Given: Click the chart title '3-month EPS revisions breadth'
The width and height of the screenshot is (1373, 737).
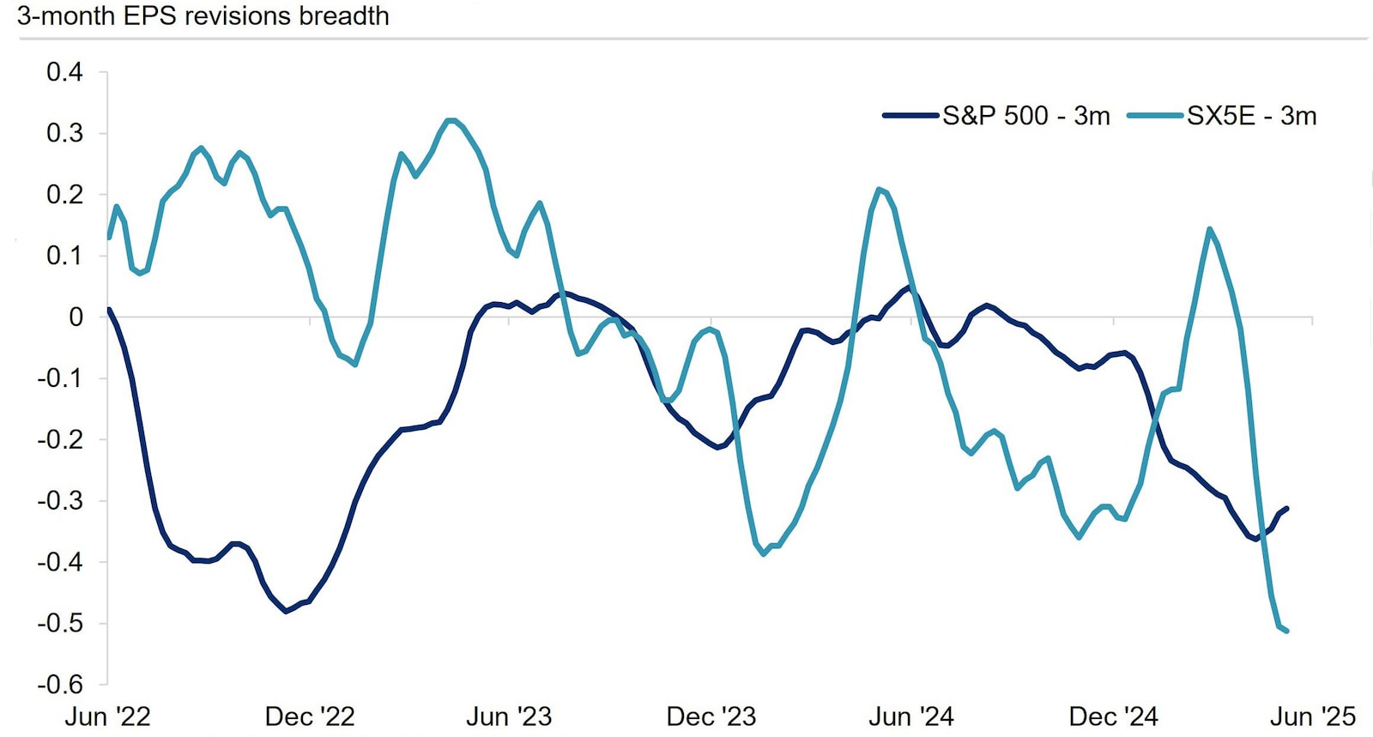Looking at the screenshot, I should pos(203,16).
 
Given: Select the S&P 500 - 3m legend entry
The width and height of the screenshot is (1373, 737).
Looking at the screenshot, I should pos(997,116).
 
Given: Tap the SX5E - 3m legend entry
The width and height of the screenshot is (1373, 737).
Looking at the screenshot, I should pos(1222,116).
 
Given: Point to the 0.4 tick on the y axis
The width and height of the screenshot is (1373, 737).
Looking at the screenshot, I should pos(64,72).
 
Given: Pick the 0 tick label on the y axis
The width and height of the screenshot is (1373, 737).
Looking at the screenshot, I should pos(76,317).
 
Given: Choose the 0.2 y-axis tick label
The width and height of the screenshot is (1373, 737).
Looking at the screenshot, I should pos(64,195).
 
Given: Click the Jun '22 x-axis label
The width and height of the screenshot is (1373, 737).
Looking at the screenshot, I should pos(107,716).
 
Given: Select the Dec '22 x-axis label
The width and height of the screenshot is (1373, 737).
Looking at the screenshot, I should pos(309,716).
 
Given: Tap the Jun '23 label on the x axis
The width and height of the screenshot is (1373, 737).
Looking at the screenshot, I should pos(509,716).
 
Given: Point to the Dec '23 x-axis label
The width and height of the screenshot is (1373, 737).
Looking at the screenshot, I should pos(711,716).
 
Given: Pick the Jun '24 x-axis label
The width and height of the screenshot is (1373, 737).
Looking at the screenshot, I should pos(911,716).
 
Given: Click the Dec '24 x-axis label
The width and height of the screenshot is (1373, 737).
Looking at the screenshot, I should pos(1113,716).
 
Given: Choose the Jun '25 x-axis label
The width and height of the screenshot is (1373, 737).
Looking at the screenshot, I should pos(1313,716).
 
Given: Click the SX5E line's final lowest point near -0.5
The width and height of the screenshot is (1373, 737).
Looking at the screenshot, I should pos(1287,631).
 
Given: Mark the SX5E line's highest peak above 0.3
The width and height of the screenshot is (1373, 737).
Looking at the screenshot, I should pos(451,120).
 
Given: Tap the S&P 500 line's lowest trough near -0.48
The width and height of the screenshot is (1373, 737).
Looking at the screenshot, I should pos(286,611).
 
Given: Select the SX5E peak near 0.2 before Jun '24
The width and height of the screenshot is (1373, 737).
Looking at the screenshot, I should pos(879,189).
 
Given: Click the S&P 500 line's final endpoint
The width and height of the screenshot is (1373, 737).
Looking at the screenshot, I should pos(1287,509).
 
